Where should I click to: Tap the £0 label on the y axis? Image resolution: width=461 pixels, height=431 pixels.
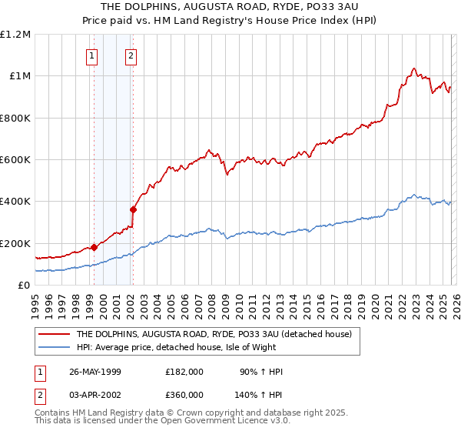(25, 286)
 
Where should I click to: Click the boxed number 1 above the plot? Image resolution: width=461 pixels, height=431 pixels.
(91, 55)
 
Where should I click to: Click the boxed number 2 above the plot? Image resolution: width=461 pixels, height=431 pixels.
(131, 55)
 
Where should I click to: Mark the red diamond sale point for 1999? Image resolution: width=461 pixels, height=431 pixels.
(95, 247)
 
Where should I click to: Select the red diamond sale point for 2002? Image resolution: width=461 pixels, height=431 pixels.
(133, 209)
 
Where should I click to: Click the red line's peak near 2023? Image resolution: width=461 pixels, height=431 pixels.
(414, 68)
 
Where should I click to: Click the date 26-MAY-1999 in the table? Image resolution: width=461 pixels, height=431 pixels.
(95, 372)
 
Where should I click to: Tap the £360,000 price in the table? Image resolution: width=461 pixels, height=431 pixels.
(184, 393)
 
